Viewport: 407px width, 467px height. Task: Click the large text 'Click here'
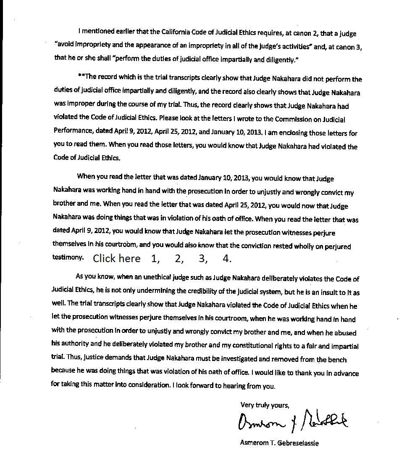(x=117, y=258)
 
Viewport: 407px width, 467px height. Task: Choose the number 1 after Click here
(x=155, y=258)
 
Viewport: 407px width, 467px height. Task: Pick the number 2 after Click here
(x=179, y=258)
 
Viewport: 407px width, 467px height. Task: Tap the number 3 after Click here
(x=203, y=258)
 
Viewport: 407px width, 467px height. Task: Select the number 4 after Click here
(x=227, y=258)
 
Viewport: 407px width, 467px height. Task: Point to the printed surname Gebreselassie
(x=297, y=443)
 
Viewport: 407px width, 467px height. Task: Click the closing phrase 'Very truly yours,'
(x=265, y=405)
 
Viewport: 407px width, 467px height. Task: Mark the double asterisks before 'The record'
(x=81, y=77)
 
